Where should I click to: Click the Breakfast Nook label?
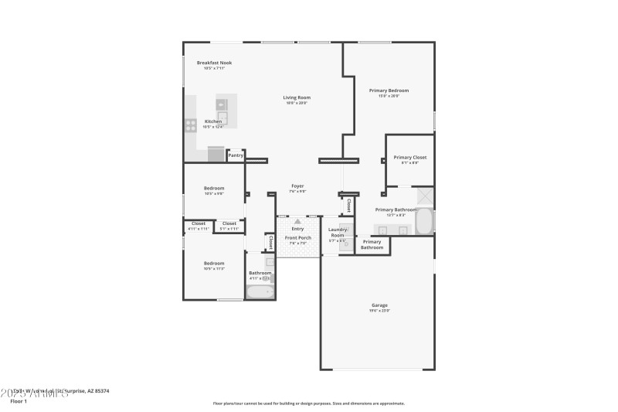point(214,63)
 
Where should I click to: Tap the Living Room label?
point(297,97)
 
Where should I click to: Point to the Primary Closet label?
point(409,157)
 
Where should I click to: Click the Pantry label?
point(236,155)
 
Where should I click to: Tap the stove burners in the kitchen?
point(190,124)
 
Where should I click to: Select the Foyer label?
point(297,186)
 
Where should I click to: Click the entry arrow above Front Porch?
point(297,222)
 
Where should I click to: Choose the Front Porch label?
point(297,237)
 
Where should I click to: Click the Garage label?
point(379,305)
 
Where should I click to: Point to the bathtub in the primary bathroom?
point(424,221)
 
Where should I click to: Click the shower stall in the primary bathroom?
point(424,196)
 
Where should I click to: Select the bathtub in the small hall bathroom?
point(259,292)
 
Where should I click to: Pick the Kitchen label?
point(212,121)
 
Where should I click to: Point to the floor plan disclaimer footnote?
point(308,403)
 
